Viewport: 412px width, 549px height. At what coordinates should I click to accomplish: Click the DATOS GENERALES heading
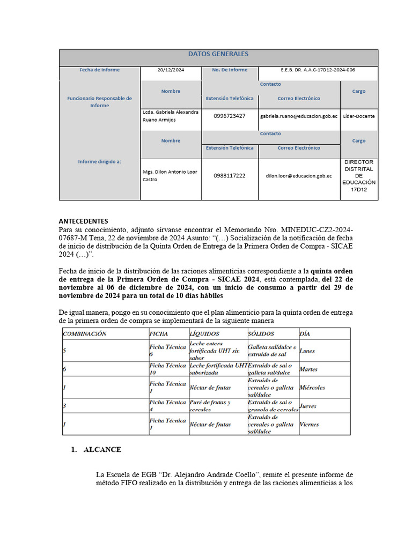point(218,54)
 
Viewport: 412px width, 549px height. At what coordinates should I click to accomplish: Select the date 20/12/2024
point(171,70)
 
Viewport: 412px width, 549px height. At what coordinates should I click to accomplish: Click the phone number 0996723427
point(230,116)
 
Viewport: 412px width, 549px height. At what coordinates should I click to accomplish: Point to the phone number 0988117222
point(230,176)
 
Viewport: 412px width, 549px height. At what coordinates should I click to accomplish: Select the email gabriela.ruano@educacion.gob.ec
point(299,116)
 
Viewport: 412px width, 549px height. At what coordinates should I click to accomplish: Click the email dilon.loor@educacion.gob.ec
point(299,176)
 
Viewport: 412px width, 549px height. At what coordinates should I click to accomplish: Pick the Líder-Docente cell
point(359,116)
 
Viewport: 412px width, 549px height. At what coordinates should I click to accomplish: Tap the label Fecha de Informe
point(100,70)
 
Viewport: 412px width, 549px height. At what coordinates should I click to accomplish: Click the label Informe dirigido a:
point(100,161)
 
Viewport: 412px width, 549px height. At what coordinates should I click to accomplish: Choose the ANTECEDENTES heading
point(83,221)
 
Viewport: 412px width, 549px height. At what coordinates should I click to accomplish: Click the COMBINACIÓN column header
point(85,333)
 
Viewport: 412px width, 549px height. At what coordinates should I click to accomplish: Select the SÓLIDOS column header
point(261,333)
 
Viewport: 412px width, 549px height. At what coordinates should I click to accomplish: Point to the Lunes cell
point(307,351)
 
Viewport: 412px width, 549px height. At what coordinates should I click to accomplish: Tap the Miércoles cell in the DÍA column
point(312,388)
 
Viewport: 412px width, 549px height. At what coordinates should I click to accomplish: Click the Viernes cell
point(310,425)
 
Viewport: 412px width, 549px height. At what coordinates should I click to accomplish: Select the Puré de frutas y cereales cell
point(210,406)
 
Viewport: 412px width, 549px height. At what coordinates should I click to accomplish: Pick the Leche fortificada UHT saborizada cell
point(217,369)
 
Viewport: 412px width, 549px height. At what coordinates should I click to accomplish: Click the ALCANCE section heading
point(102,450)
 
